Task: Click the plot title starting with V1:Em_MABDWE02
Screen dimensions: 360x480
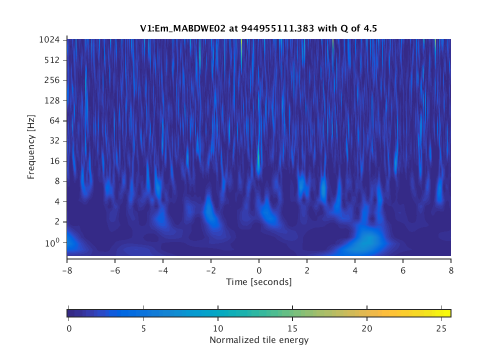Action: (x=258, y=28)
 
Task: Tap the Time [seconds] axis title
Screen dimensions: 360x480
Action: (x=258, y=282)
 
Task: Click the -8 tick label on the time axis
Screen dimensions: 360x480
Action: (x=67, y=267)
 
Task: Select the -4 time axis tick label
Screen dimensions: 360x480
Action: (x=163, y=267)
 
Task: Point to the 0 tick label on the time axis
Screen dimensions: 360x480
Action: (x=259, y=267)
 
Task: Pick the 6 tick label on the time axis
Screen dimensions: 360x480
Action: (x=403, y=267)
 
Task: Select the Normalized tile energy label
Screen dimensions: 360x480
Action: (x=258, y=340)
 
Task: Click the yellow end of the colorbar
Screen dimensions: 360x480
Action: (x=448, y=313)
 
